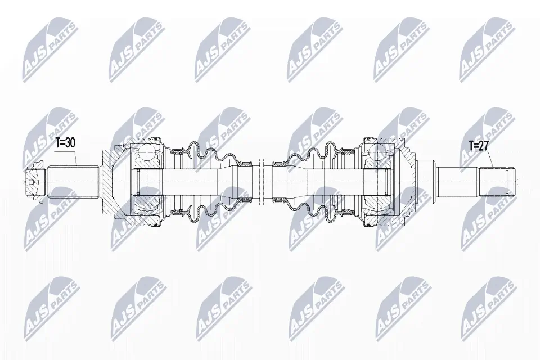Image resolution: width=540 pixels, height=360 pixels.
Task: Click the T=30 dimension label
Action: [x=65, y=143]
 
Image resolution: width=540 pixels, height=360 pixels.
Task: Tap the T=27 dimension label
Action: [x=479, y=146]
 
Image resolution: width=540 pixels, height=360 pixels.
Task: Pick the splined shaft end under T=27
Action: [x=495, y=181]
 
